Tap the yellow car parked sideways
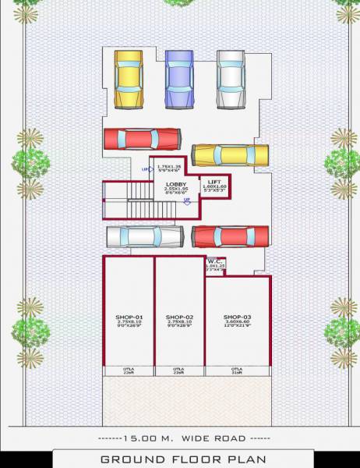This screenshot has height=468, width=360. pyautogui.click(x=230, y=154)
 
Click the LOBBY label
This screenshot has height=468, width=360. pyautogui.click(x=176, y=183)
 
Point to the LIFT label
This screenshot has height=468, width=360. pyautogui.click(x=214, y=182)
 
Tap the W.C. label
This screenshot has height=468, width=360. pyautogui.click(x=215, y=261)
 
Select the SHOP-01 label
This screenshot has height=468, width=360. pyautogui.click(x=129, y=317)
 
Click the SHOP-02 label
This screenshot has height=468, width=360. pyautogui.click(x=179, y=317)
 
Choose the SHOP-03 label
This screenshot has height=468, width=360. pyautogui.click(x=237, y=317)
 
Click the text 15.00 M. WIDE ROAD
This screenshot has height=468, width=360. pyautogui.click(x=181, y=438)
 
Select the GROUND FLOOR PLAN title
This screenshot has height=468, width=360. pyautogui.click(x=183, y=459)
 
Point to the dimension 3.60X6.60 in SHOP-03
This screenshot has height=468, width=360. pyautogui.click(x=237, y=322)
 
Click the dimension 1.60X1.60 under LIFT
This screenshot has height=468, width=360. pyautogui.click(x=214, y=187)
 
